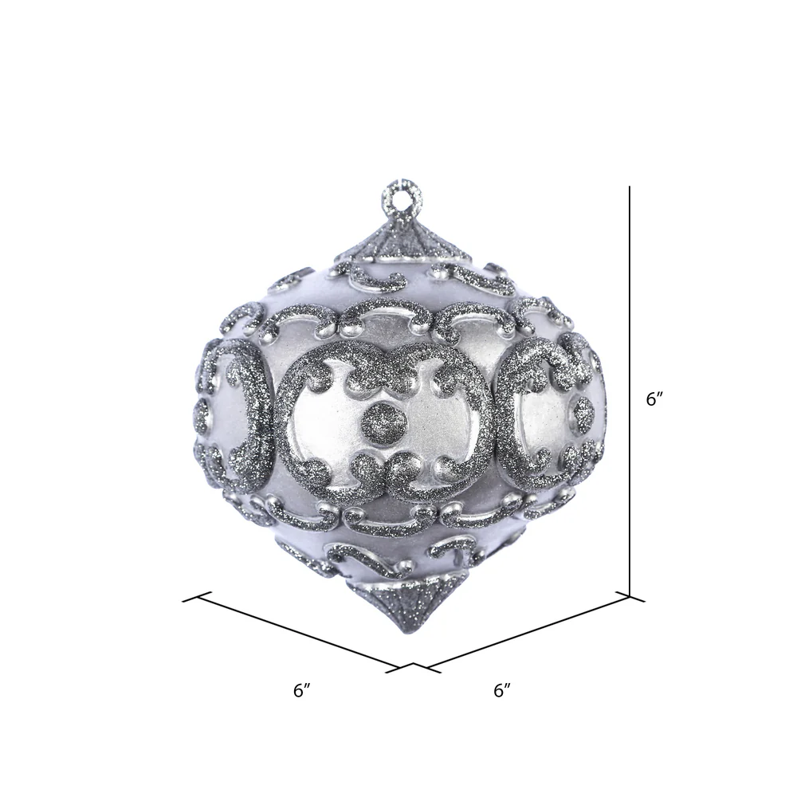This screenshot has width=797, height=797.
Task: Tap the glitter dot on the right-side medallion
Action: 583,411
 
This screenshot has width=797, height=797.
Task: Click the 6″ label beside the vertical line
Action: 654,399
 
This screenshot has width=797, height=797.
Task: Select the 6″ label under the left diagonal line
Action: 302,690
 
